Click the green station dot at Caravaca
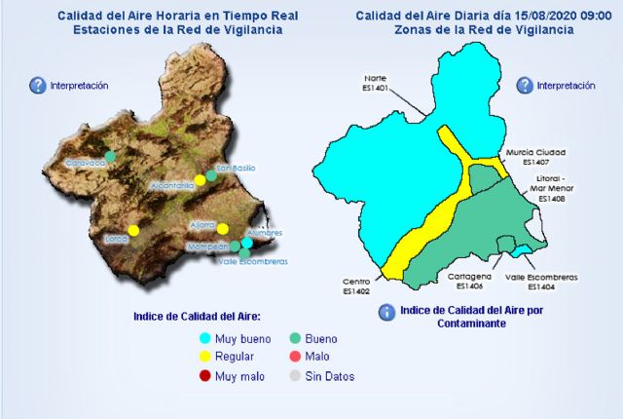pyautogui.click(x=110, y=155)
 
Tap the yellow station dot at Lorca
pyautogui.click(x=134, y=230)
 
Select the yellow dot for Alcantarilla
pyautogui.click(x=200, y=179)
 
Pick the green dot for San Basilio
pyautogui.click(x=211, y=175)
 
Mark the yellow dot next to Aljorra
pyautogui.click(x=223, y=229)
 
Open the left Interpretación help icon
pyautogui.click(x=38, y=86)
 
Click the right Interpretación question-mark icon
pyautogui.click(x=525, y=86)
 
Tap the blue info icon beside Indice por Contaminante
pyautogui.click(x=386, y=312)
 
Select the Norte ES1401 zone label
pyautogui.click(x=376, y=82)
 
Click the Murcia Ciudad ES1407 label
pyautogui.click(x=535, y=157)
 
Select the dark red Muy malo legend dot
pyautogui.click(x=204, y=376)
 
